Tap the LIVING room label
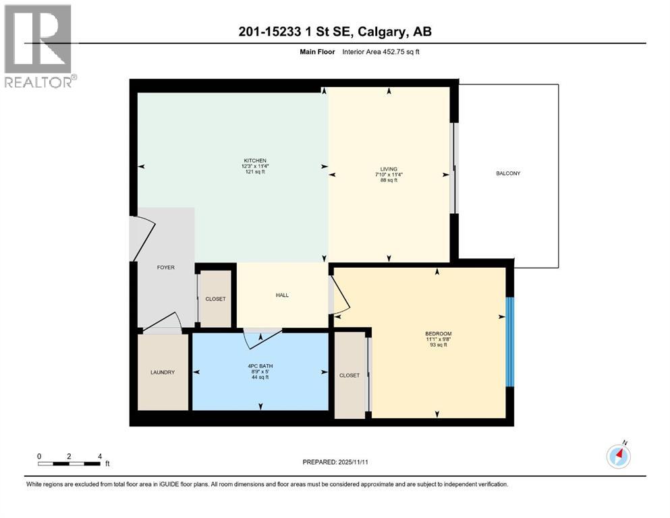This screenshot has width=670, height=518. (x=389, y=169)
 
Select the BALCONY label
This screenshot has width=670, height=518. (x=508, y=173)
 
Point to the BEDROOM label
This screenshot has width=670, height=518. (x=438, y=334)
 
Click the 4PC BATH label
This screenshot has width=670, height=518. (x=260, y=366)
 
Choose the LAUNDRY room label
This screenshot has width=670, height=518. (x=163, y=372)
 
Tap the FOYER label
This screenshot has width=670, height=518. (x=165, y=268)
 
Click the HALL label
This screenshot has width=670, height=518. (x=282, y=295)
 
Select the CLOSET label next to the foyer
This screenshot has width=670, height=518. (x=215, y=299)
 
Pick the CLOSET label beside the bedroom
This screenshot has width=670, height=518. (x=350, y=376)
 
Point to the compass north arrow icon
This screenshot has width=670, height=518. (x=619, y=457)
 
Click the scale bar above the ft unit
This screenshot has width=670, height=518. (x=69, y=463)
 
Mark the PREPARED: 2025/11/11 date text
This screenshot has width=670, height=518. (x=335, y=462)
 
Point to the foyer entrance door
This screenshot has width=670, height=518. (x=144, y=238)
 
